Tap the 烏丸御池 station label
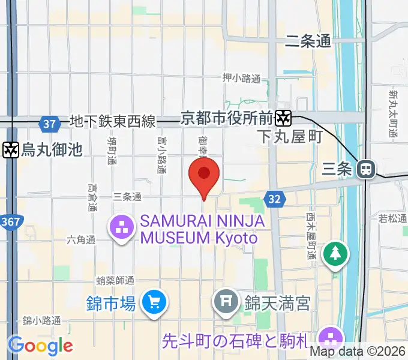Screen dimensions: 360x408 [51, 149]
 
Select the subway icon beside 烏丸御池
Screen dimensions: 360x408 [10, 149]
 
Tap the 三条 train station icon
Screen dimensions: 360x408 [364, 169]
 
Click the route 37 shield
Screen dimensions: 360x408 [50, 124]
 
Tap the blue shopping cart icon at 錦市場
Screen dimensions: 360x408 [154, 302]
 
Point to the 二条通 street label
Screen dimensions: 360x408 [308, 41]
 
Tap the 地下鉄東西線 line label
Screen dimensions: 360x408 [112, 122]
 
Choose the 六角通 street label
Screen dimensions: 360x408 [82, 239]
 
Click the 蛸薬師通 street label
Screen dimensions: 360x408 [115, 280]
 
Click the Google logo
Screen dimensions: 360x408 [40, 345]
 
